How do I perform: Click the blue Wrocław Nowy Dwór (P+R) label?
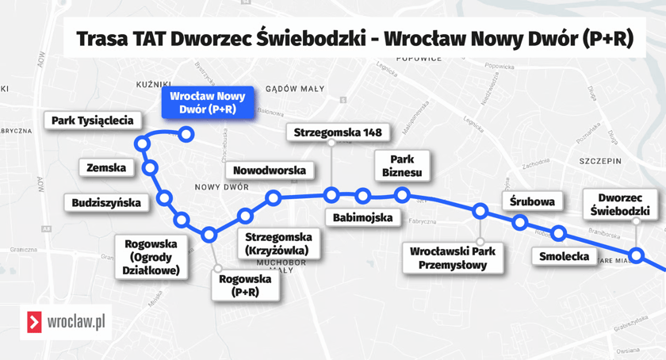click(x=208, y=103)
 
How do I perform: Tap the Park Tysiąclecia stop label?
click(x=92, y=121)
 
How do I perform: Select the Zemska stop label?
click(x=106, y=167)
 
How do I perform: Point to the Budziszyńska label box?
click(x=106, y=203)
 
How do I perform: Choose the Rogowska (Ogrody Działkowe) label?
click(x=151, y=257)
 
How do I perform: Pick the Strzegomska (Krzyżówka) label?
click(x=278, y=243)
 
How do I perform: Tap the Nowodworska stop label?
click(x=270, y=170)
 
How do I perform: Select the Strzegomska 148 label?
click(x=331, y=132)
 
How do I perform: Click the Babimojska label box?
click(x=362, y=218)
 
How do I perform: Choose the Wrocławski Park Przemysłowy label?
click(x=453, y=259)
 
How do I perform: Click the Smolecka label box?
click(x=564, y=256)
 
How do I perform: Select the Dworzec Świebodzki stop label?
click(x=624, y=205)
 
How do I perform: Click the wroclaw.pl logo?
click(x=66, y=322)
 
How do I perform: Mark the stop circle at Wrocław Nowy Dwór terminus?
click(x=186, y=135)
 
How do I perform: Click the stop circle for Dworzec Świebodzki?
click(x=637, y=255)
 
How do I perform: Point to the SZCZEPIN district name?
click(x=600, y=160)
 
